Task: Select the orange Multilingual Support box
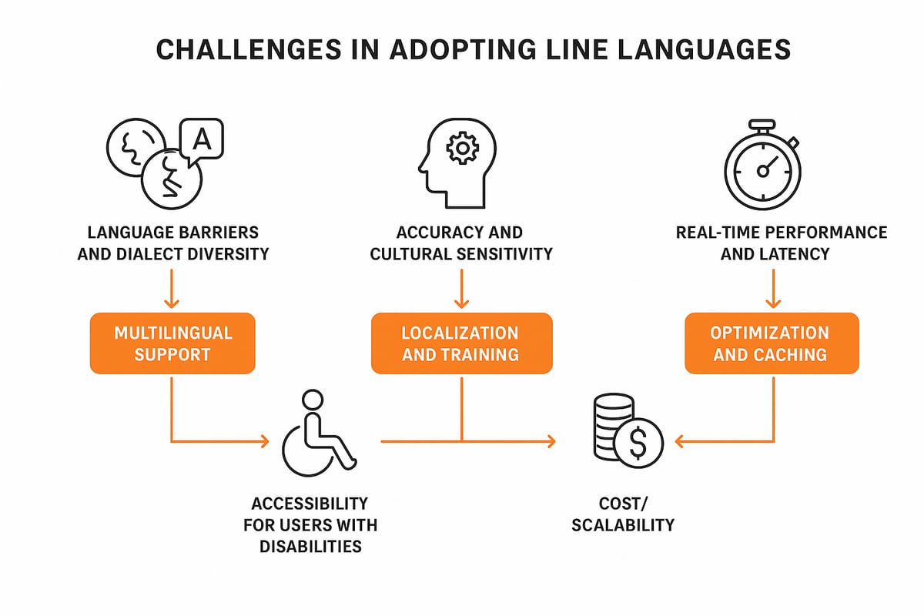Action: (x=172, y=343)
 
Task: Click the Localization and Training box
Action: (x=460, y=343)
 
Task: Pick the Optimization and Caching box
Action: (x=771, y=343)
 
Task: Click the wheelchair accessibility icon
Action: (x=317, y=436)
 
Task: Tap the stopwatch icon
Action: (x=762, y=166)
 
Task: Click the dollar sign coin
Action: (x=638, y=444)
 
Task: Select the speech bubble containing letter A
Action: (x=201, y=139)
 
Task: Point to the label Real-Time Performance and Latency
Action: (x=781, y=242)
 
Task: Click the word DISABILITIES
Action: (x=310, y=547)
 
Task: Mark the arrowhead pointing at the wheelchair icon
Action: (x=263, y=441)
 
